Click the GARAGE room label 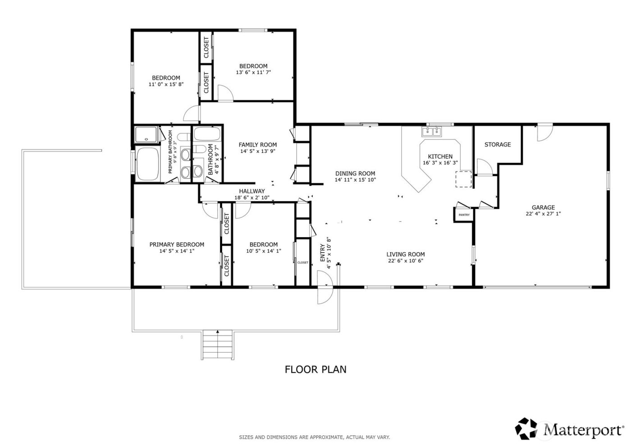(x=543, y=207)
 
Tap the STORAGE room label (x=498, y=144)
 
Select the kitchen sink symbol (x=432, y=132)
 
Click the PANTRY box (x=464, y=215)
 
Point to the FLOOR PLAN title (x=315, y=369)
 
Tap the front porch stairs (x=218, y=345)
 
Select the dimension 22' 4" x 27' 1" (x=543, y=214)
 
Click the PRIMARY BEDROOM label (x=177, y=244)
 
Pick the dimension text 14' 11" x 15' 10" (x=355, y=179)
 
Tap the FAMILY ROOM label (x=258, y=145)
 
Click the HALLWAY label (x=252, y=191)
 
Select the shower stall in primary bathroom (x=146, y=135)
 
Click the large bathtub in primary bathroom (x=147, y=163)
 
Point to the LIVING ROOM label (x=406, y=254)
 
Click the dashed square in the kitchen (x=463, y=179)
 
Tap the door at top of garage (x=544, y=133)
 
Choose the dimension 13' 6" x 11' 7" (x=253, y=72)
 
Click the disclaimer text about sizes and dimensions (x=314, y=437)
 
